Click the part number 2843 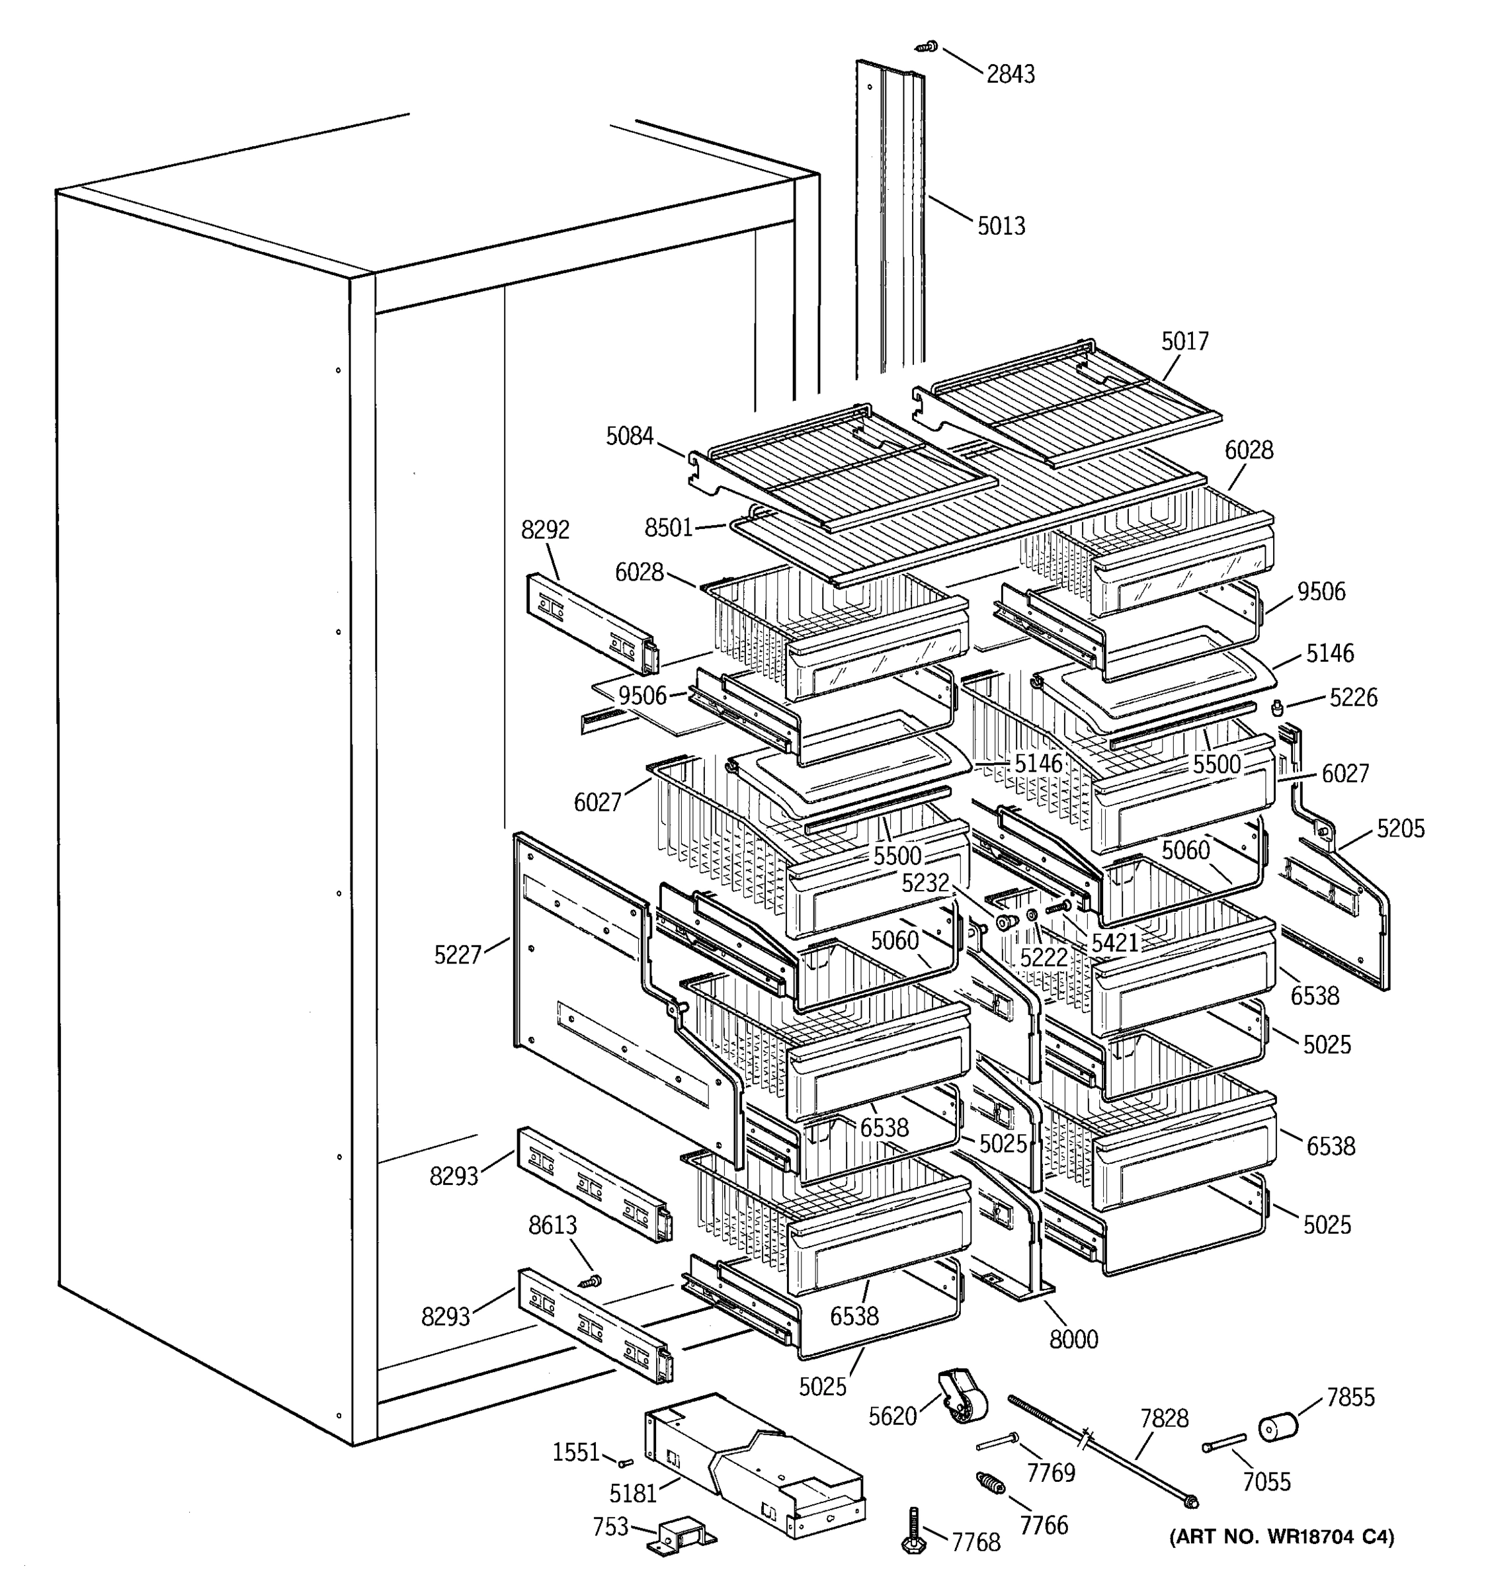[x=1010, y=74]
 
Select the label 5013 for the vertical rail [x=1001, y=226]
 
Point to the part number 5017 [x=1184, y=342]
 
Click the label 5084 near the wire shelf [x=629, y=436]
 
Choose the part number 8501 [x=668, y=528]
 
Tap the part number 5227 [x=458, y=955]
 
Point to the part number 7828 [x=1164, y=1418]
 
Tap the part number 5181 [x=632, y=1492]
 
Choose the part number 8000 [x=1073, y=1339]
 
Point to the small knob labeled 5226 [x=1276, y=708]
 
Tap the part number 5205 [x=1400, y=829]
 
